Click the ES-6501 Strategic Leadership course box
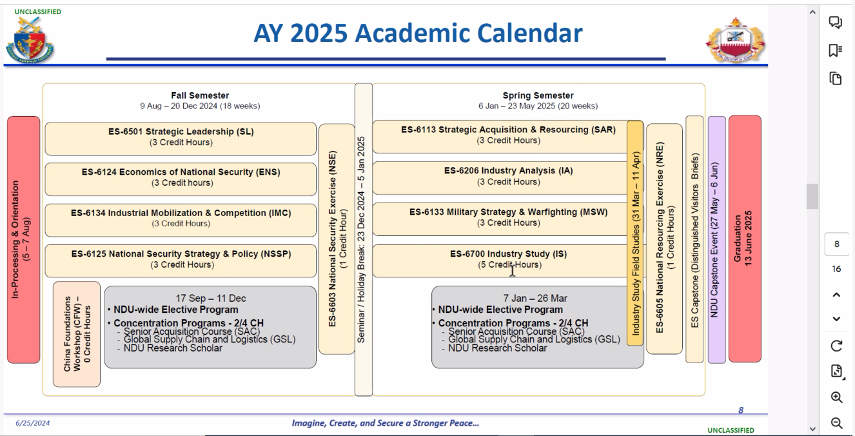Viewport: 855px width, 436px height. (x=181, y=139)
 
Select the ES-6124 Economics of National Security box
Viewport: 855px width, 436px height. (x=181, y=179)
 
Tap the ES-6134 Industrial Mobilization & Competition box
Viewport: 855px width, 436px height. (x=181, y=221)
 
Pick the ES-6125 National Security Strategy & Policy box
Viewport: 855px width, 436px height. (x=181, y=261)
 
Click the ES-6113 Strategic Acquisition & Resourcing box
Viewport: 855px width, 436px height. (x=500, y=137)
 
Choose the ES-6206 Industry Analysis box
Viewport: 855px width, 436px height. (x=500, y=178)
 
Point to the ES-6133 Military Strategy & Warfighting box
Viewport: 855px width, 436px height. (x=500, y=219)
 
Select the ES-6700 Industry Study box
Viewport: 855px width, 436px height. (x=500, y=261)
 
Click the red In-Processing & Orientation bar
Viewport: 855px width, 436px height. (x=24, y=240)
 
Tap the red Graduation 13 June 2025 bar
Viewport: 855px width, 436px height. (x=745, y=239)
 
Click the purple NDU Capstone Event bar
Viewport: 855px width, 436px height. (x=717, y=240)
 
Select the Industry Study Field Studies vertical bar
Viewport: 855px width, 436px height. (x=635, y=233)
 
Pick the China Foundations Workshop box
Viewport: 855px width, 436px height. (x=77, y=335)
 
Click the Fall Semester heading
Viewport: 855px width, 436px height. (x=200, y=95)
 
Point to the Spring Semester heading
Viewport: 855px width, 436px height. (x=538, y=95)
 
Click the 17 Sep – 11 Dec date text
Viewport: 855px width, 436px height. (x=211, y=298)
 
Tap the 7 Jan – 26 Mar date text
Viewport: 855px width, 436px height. (x=535, y=298)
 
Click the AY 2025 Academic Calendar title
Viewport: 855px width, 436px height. (x=418, y=33)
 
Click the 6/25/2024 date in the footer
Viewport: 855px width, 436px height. (x=32, y=423)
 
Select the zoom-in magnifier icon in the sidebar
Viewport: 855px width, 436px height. (x=837, y=397)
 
